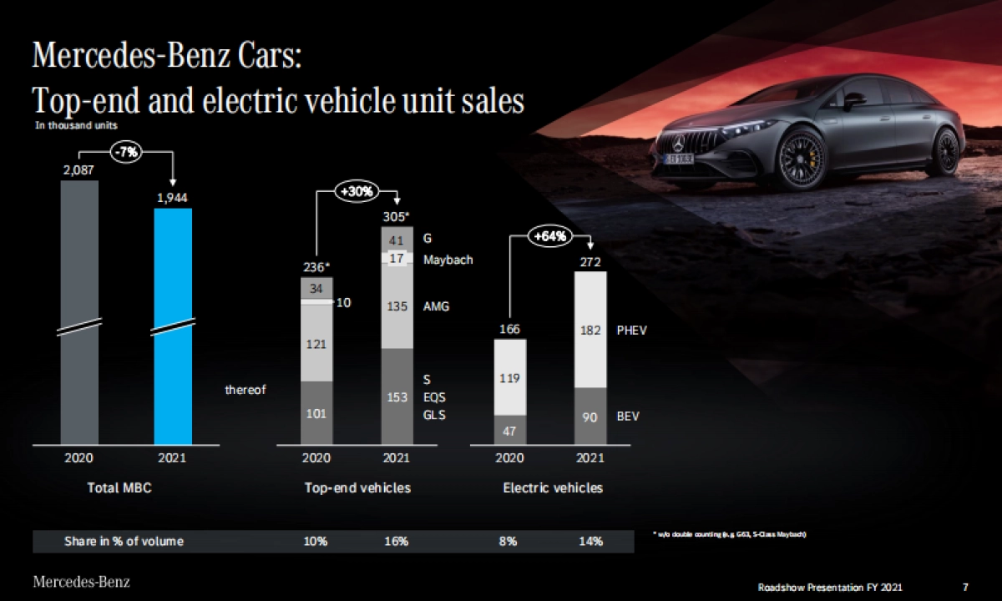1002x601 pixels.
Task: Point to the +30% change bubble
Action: [x=357, y=190]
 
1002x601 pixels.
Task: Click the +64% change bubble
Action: [x=550, y=236]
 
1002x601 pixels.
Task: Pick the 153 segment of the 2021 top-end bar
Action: [x=397, y=396]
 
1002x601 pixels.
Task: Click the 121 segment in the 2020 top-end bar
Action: [x=316, y=344]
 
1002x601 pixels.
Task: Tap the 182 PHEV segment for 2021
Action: [x=590, y=331]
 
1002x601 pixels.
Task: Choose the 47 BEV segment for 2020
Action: [x=509, y=431]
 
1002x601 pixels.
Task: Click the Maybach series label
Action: [x=448, y=260]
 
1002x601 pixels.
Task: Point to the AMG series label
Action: [x=436, y=306]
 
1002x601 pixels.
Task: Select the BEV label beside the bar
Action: [x=628, y=416]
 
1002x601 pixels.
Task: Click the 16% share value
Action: [x=397, y=542]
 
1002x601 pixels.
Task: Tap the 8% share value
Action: [x=509, y=542]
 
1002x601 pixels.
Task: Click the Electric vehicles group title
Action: [x=552, y=488]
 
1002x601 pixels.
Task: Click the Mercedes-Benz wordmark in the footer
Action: [x=81, y=582]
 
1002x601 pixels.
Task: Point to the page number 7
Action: [x=965, y=588]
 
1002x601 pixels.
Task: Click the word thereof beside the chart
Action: [x=245, y=390]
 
